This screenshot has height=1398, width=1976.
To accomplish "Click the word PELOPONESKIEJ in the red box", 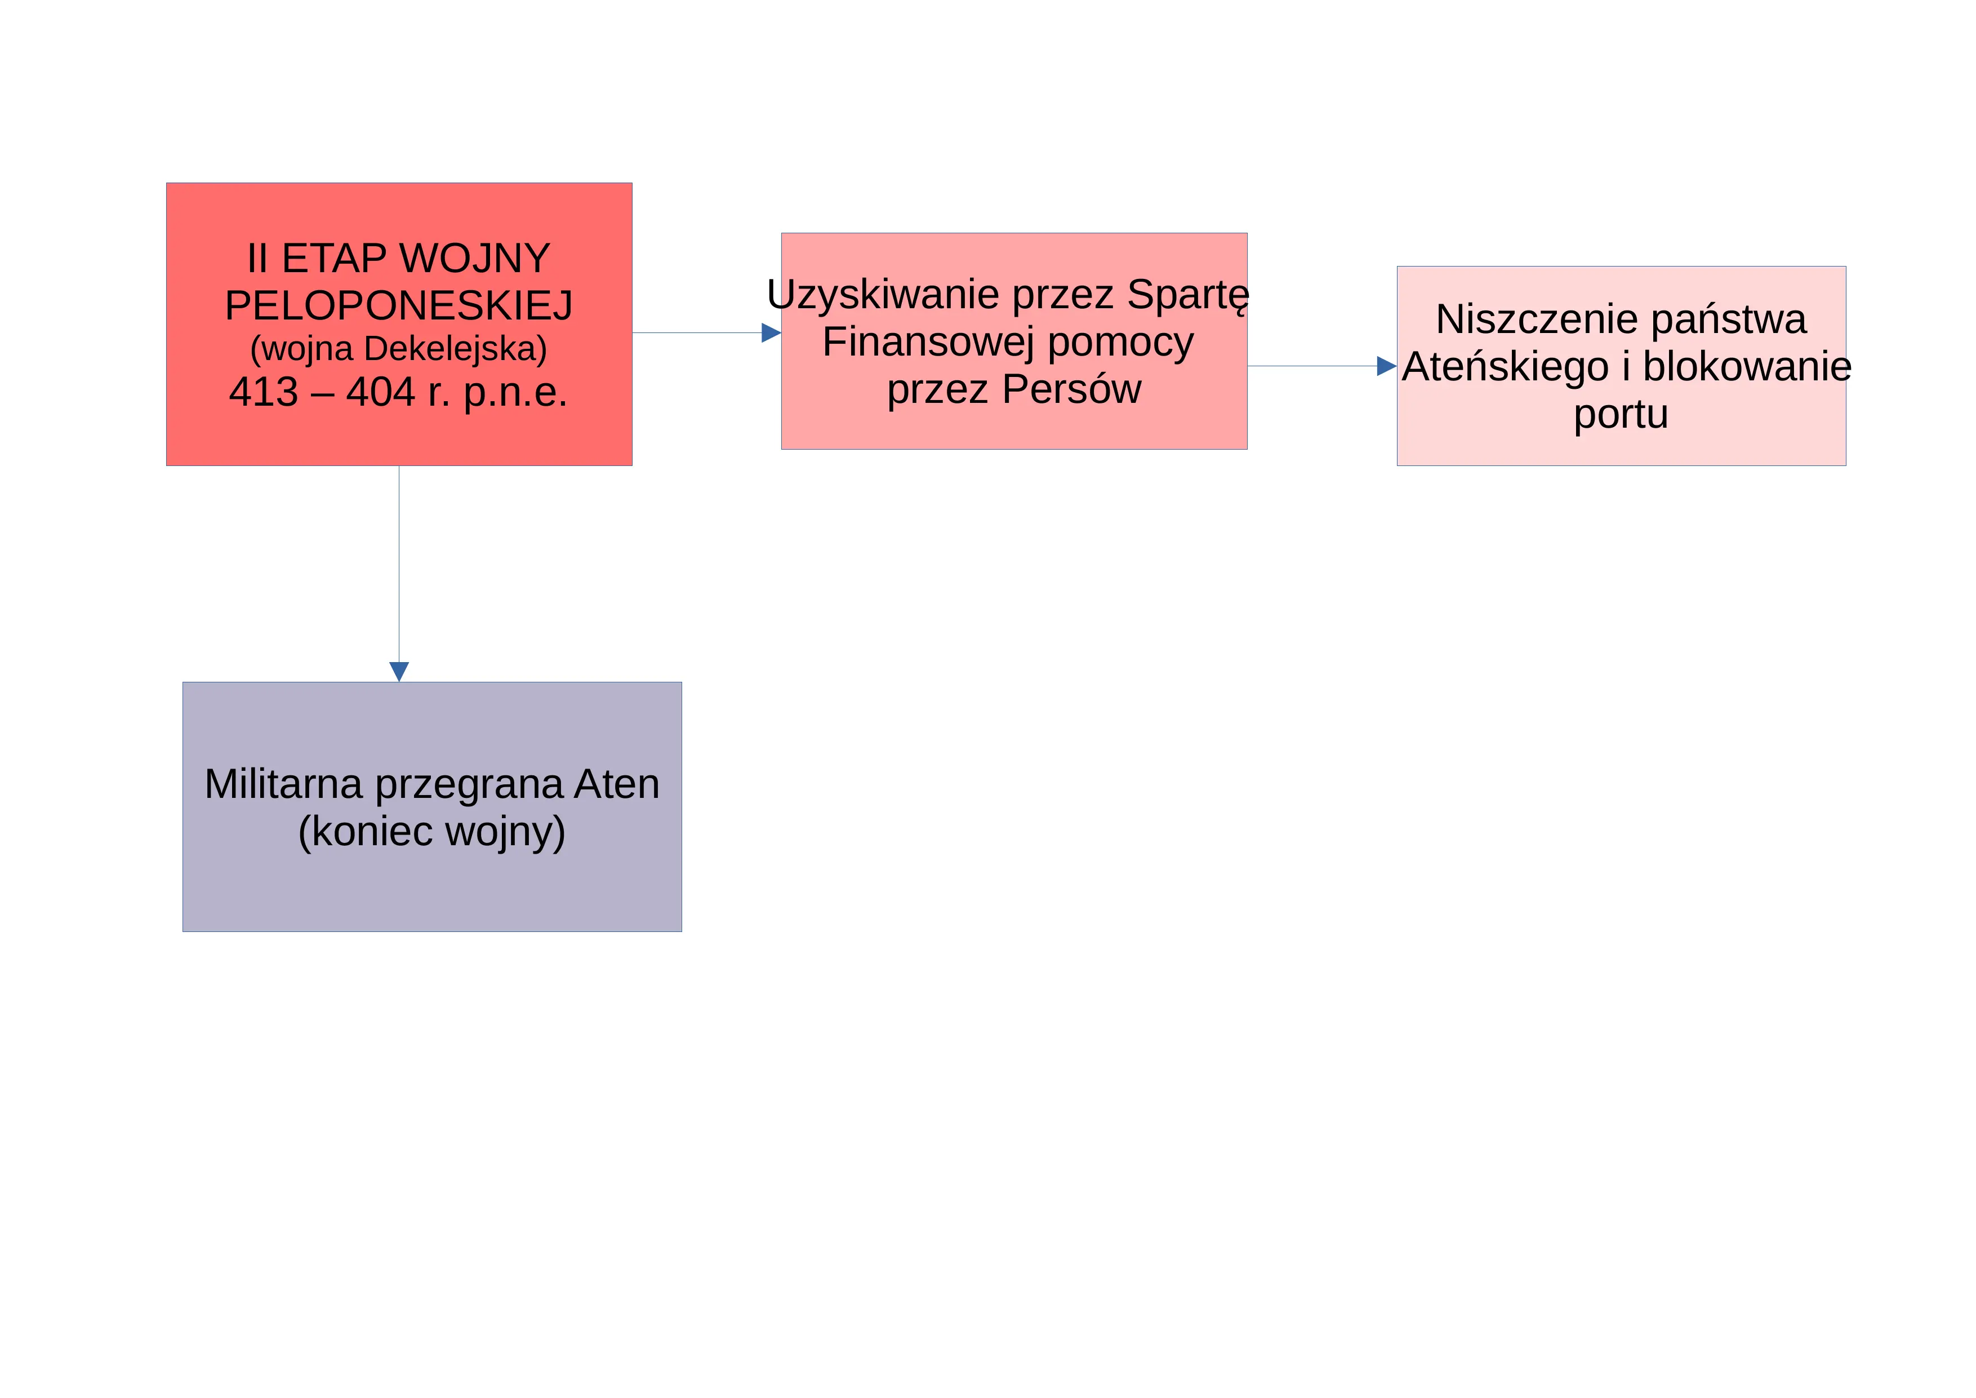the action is tap(398, 305).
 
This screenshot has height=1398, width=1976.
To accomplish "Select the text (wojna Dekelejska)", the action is tap(398, 349).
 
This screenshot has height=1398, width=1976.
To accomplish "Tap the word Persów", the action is tap(1071, 389).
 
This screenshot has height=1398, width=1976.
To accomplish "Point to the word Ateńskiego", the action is tap(1505, 367).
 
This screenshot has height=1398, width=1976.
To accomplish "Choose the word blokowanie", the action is tap(1747, 367).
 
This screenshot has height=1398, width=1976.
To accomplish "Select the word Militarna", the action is tap(283, 784).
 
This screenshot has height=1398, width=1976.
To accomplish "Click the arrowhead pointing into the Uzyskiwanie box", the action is tap(771, 333).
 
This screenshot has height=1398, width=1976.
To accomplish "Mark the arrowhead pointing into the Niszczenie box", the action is tap(1386, 366).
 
